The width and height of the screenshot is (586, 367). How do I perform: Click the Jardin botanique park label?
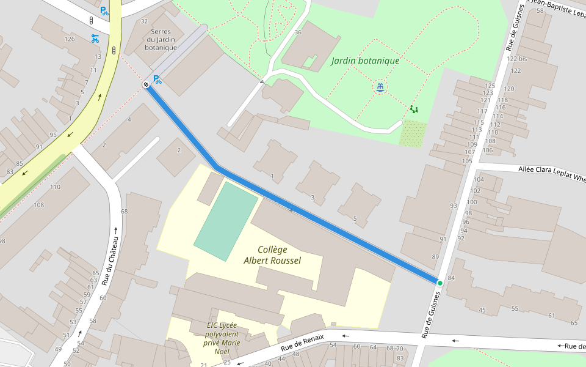point(365,61)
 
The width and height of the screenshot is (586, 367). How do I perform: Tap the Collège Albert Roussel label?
point(272,255)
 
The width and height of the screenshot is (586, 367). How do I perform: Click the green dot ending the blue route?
point(440,283)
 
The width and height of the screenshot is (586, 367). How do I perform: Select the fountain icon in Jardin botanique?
point(380,87)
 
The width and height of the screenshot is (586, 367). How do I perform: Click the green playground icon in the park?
point(414,109)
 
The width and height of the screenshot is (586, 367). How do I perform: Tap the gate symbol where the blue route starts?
point(146,84)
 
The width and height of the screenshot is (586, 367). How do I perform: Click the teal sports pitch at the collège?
point(226,221)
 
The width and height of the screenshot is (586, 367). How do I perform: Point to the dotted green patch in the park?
point(413,133)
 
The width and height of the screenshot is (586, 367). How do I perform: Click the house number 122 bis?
point(516,59)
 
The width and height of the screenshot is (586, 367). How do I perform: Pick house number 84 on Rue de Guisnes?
point(452,278)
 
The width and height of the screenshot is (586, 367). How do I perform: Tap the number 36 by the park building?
point(298,32)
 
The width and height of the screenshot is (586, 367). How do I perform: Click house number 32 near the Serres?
point(144,21)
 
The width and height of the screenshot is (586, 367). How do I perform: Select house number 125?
point(490,86)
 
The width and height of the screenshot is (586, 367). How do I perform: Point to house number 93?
point(453,206)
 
